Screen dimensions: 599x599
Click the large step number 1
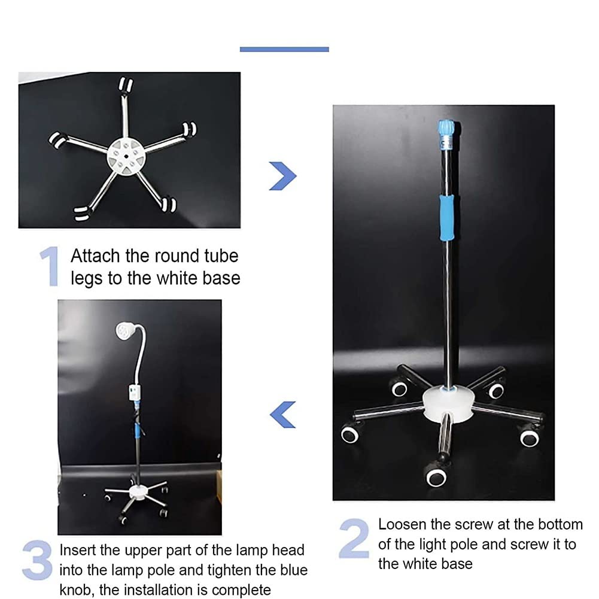click(x=50, y=266)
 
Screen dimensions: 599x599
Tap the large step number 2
click(x=354, y=538)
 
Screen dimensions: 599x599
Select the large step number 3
click(x=38, y=560)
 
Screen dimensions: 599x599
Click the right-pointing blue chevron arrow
click(x=282, y=176)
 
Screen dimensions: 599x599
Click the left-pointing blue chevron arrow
click(x=282, y=415)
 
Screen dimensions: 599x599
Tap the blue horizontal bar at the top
click(x=284, y=49)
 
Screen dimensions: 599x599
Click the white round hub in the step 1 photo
click(x=126, y=157)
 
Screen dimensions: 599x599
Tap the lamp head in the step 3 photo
click(x=125, y=330)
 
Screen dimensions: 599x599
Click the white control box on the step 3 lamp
click(x=134, y=393)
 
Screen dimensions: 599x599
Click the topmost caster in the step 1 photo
click(x=125, y=85)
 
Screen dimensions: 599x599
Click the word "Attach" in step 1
click(x=95, y=256)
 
